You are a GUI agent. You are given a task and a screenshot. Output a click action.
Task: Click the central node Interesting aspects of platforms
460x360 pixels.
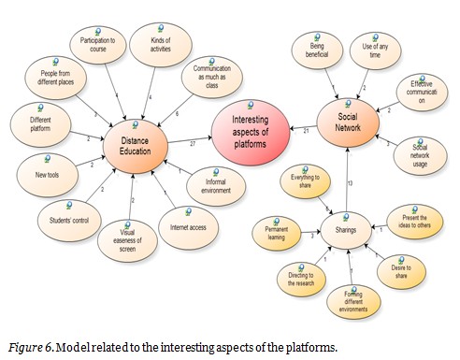tap(251, 136)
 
